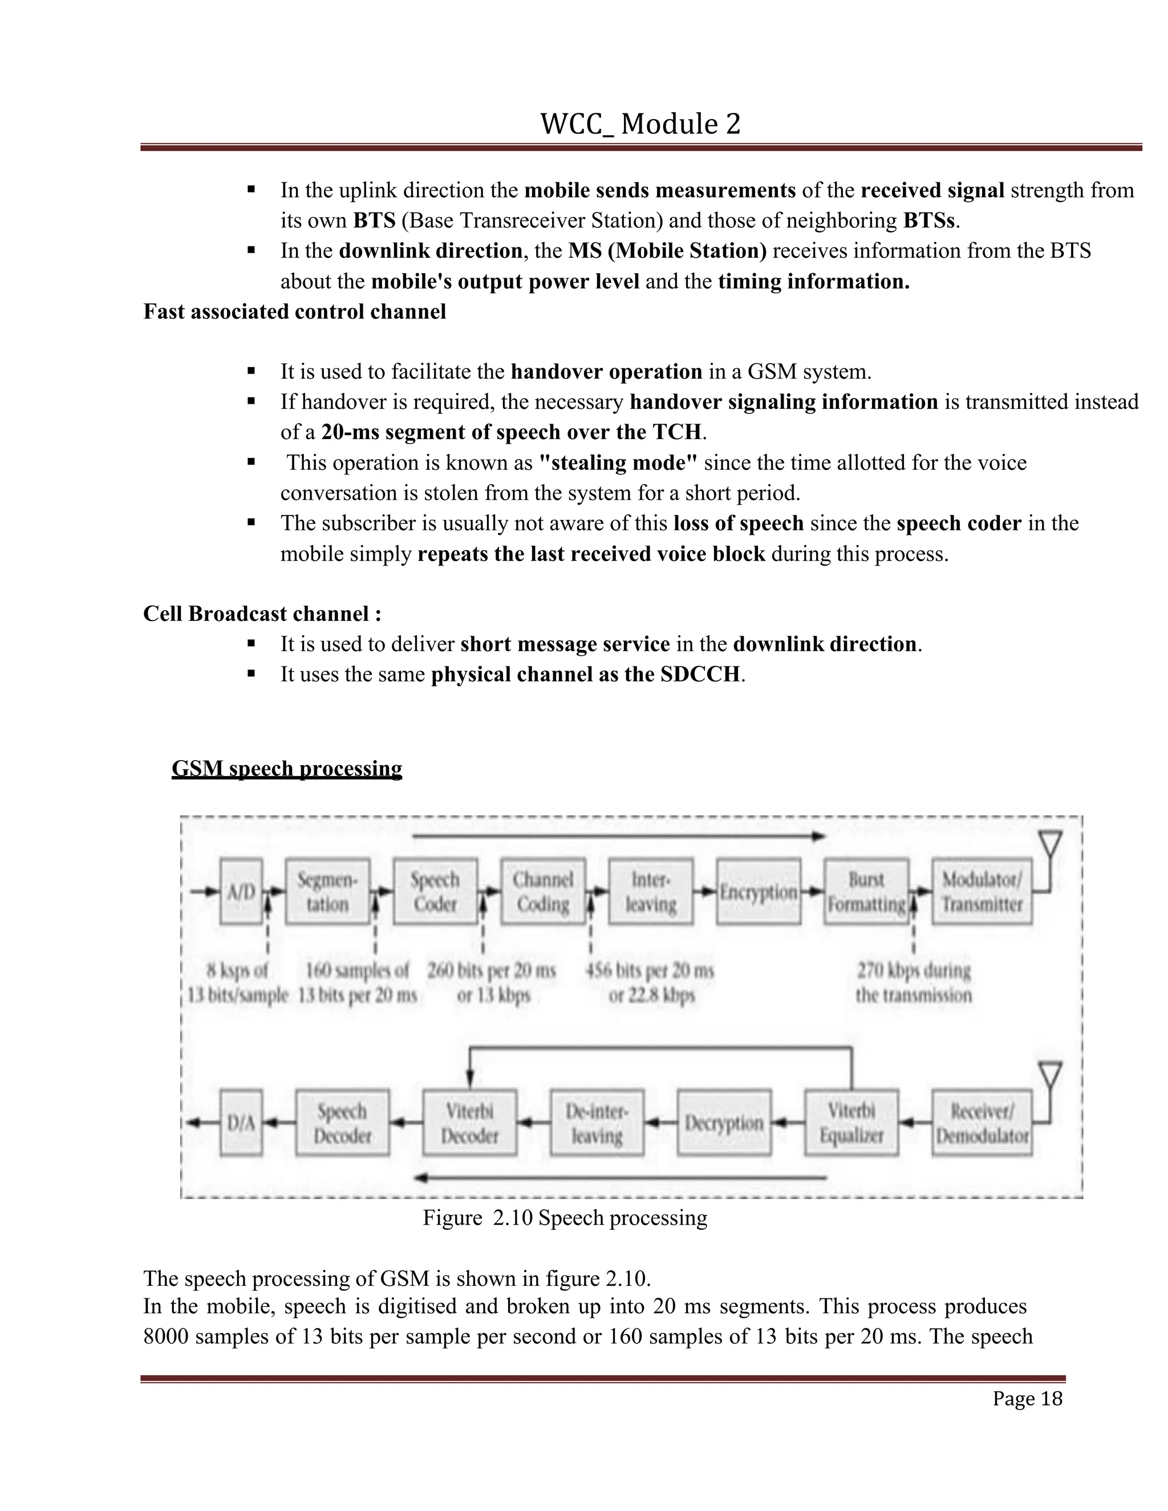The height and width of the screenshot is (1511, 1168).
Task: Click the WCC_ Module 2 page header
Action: coord(640,124)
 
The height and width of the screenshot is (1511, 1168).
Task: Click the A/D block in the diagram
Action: coord(241,892)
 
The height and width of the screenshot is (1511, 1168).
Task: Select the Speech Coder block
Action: coord(435,892)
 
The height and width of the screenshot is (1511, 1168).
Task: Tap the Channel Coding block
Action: coord(543,892)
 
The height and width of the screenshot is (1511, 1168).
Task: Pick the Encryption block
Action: coord(759,892)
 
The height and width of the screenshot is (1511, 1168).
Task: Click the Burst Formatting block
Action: coord(866,892)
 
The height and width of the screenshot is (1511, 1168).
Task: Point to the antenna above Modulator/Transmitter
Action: coord(1051,846)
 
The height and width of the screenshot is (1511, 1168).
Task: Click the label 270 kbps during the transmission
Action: coord(914,982)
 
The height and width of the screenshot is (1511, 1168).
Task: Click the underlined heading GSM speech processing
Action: coord(286,769)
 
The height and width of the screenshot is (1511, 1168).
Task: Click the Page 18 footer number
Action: coord(1027,1398)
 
